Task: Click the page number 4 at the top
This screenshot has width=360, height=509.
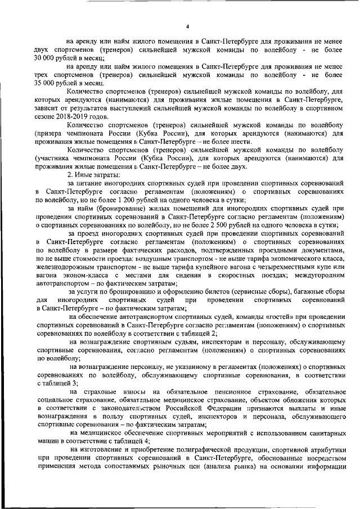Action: (x=188, y=26)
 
